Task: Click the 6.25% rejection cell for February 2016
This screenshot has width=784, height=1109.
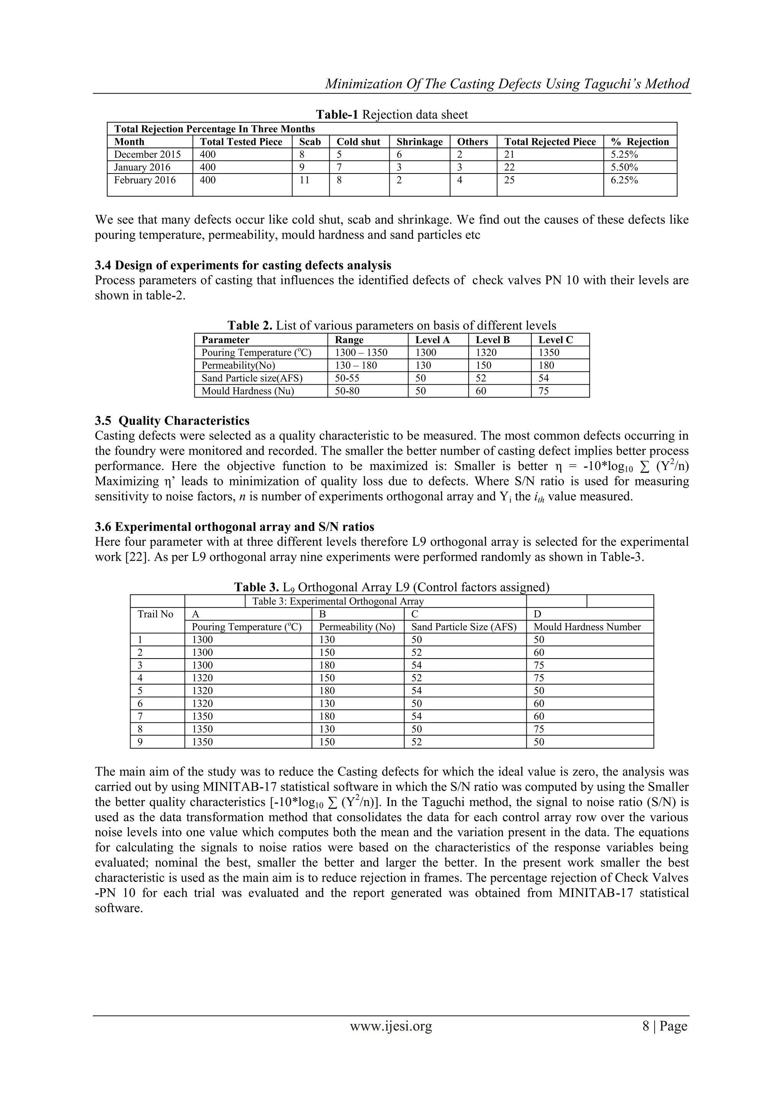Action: click(624, 180)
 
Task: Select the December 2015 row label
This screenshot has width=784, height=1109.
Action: click(147, 154)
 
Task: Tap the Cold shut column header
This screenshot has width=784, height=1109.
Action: click(358, 141)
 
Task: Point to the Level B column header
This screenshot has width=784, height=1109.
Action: click(492, 339)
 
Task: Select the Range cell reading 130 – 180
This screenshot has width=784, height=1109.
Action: click(356, 365)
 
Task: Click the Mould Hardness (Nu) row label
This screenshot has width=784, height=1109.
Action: click(248, 391)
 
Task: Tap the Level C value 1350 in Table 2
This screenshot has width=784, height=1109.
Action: click(549, 352)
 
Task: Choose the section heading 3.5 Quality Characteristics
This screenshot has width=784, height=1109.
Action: click(172, 420)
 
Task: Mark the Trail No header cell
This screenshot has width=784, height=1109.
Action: click(155, 614)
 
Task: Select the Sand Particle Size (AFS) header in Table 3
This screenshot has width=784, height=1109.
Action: click(464, 627)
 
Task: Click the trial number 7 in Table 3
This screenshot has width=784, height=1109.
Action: click(140, 716)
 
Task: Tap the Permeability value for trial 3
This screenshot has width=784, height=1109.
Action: click(327, 665)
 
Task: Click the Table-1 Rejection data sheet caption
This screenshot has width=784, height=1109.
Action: click(392, 115)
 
